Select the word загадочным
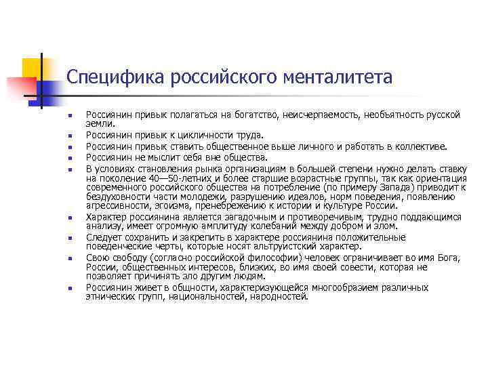230,217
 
